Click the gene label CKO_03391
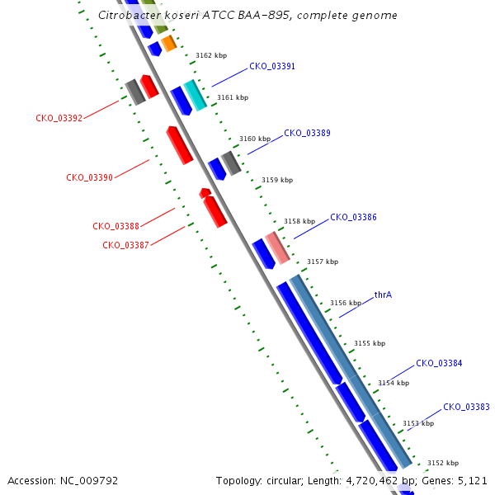tap(272, 66)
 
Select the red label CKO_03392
tap(59, 118)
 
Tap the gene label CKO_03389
tap(307, 133)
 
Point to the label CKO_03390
tap(89, 177)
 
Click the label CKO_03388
tap(115, 226)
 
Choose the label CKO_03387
tap(125, 245)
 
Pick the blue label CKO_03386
tap(353, 217)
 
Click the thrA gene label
tap(383, 295)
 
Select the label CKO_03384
tap(439, 363)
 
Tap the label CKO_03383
tap(466, 407)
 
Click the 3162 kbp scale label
tap(211, 55)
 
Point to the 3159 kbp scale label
tap(277, 180)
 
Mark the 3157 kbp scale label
tap(323, 262)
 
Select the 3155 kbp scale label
tap(370, 343)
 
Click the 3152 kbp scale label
tap(443, 463)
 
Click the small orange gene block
tap(169, 43)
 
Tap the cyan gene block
tap(195, 96)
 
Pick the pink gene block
tap(277, 247)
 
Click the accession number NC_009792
tap(89, 480)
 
